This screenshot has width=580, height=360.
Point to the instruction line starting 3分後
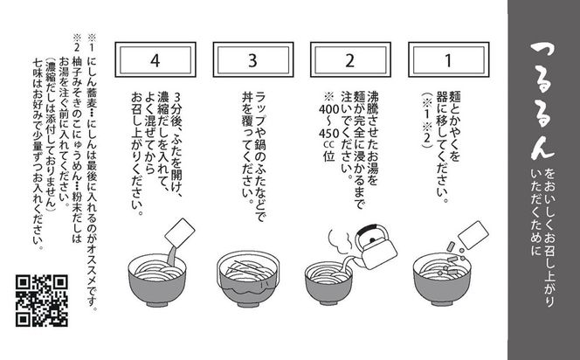coord(181,149)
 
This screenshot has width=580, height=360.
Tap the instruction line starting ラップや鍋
coord(260,140)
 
